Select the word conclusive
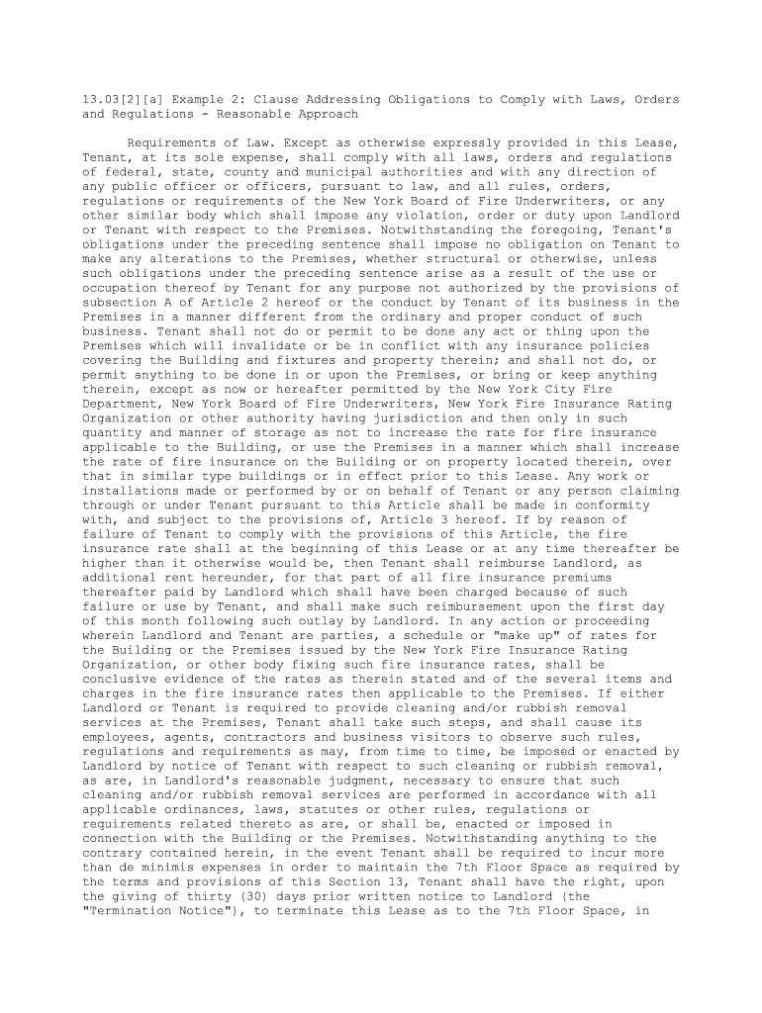[x=123, y=678]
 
